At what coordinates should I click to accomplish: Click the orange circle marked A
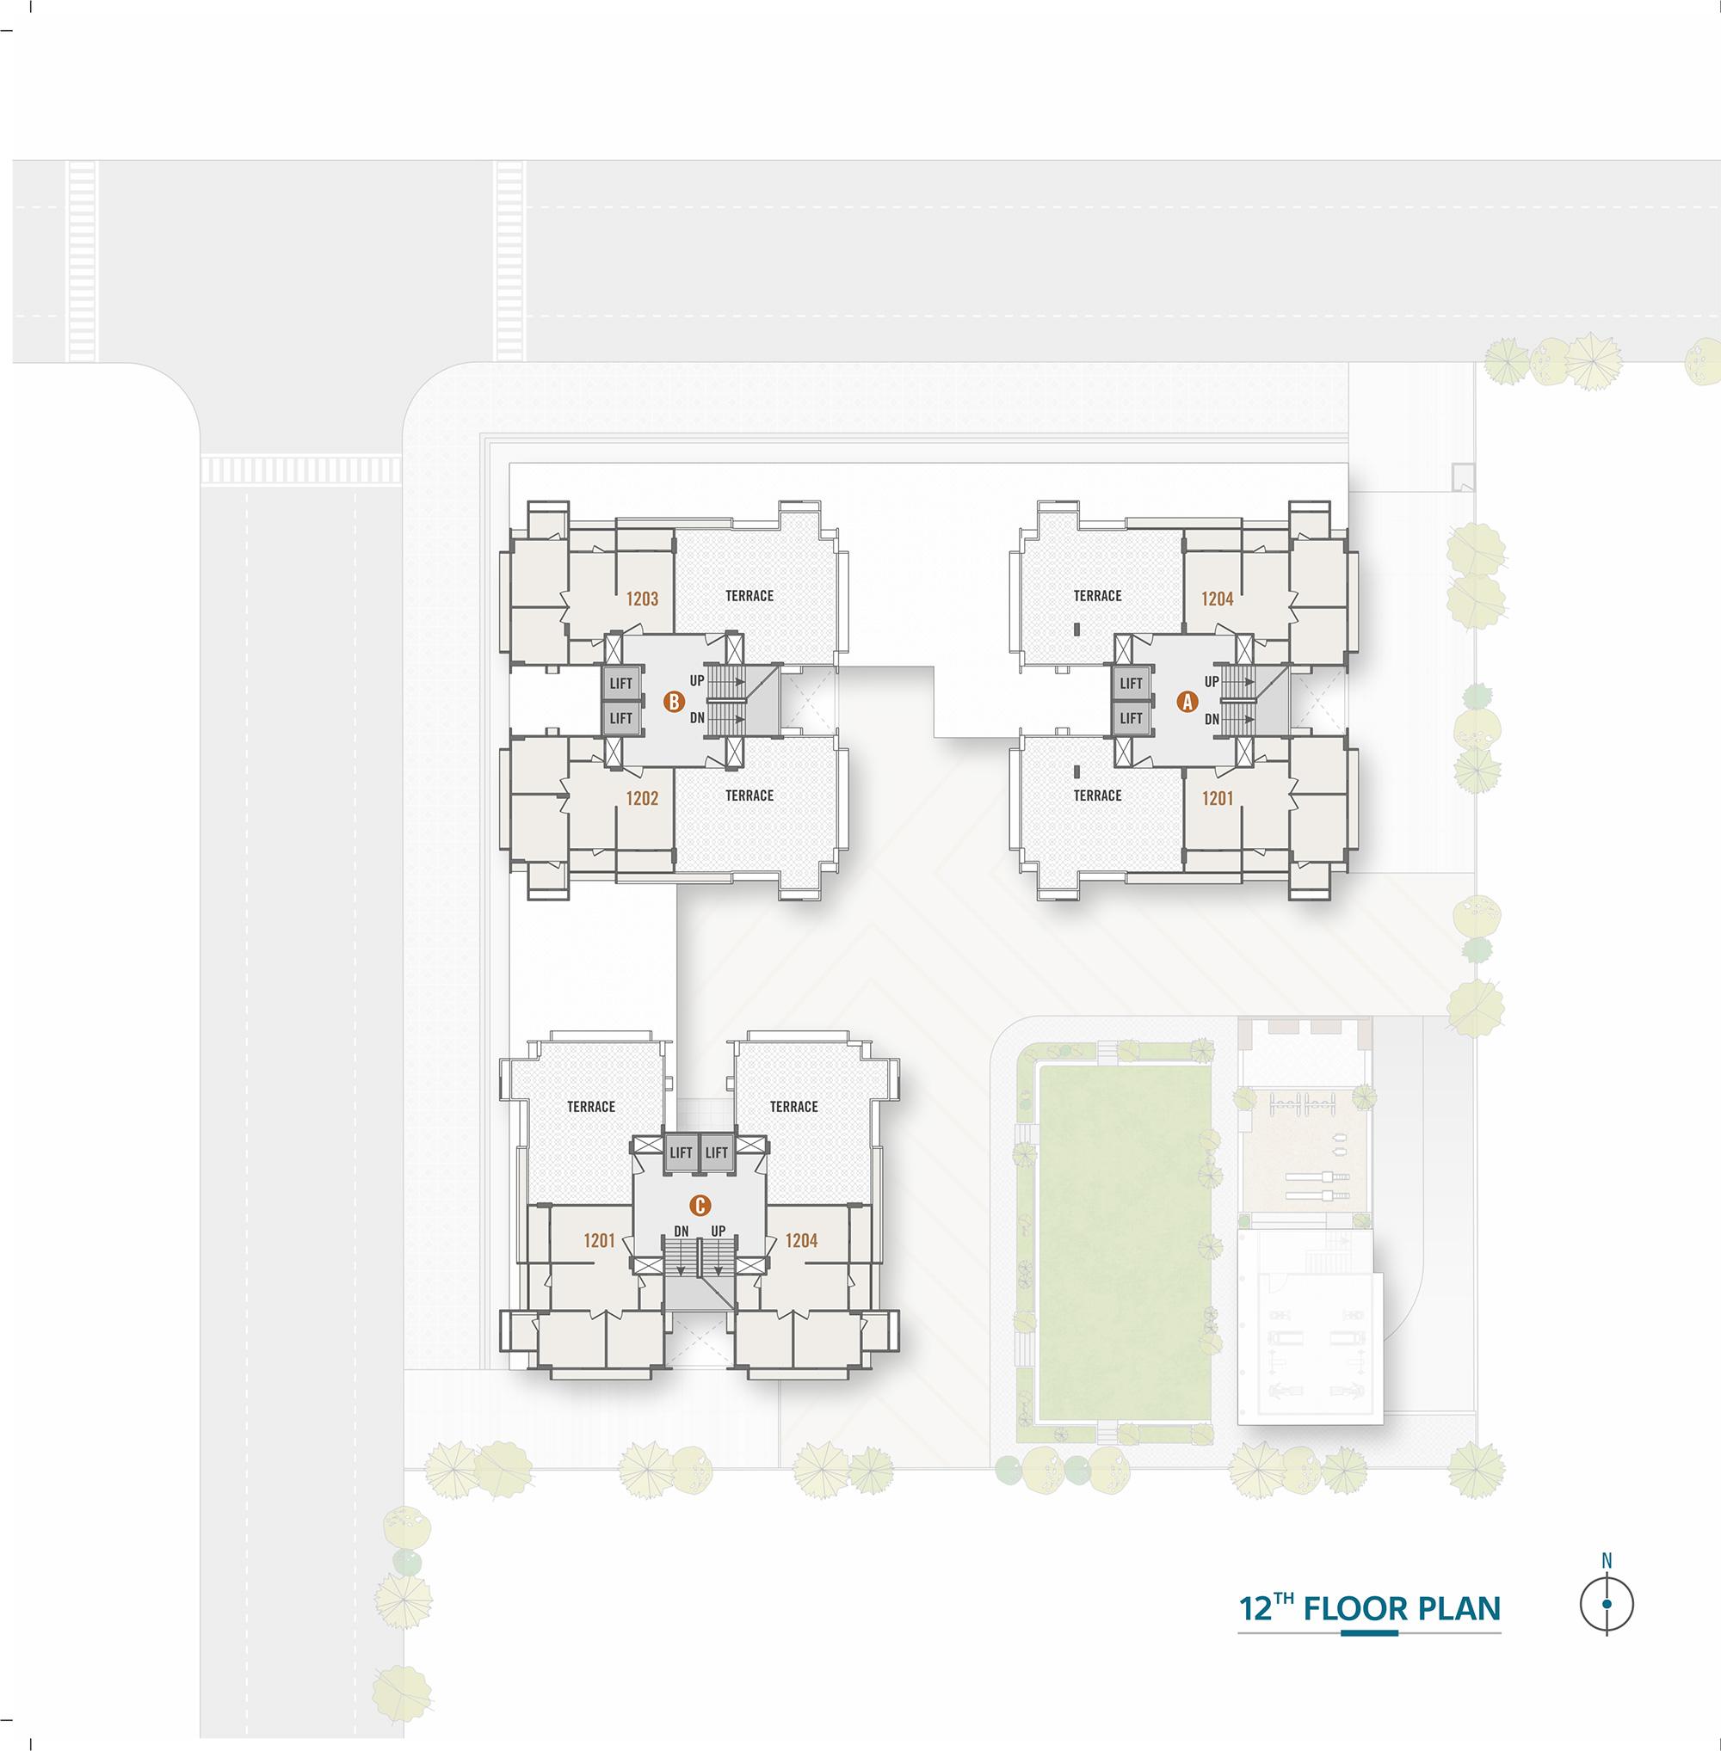pos(1187,701)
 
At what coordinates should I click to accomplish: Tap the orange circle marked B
pos(674,701)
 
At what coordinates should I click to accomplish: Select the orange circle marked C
pos(700,1205)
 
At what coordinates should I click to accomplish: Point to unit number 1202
pos(642,799)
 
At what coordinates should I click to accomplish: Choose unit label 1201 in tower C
pos(599,1241)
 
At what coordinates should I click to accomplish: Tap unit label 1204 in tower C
pos(802,1241)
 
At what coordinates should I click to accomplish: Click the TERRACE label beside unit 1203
pos(749,596)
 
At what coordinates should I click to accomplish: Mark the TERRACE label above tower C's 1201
pos(591,1107)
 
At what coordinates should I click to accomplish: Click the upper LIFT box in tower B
pos(621,683)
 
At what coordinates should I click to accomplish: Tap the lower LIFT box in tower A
pos(1131,718)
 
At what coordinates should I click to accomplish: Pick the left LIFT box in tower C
pos(681,1152)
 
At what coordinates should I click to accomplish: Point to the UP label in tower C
pos(719,1231)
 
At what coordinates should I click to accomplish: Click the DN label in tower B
pos(697,718)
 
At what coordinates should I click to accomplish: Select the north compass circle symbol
pos(1607,1605)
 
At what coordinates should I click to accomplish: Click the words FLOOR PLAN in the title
pos(1402,1609)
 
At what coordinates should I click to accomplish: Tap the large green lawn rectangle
pos(1125,1243)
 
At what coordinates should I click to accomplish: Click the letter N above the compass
pos(1607,1560)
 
